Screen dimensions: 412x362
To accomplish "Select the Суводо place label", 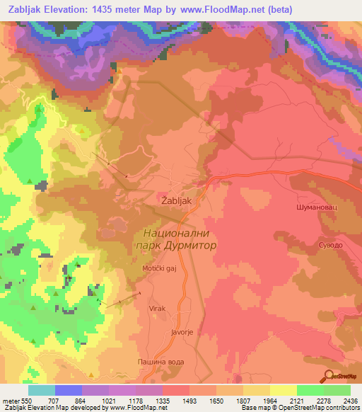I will [330, 244].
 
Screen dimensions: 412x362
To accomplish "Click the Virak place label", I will [156, 309].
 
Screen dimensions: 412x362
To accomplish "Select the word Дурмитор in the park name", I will [192, 244].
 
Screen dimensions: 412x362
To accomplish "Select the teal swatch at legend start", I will [42, 390].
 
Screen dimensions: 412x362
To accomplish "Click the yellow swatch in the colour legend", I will [283, 390].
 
